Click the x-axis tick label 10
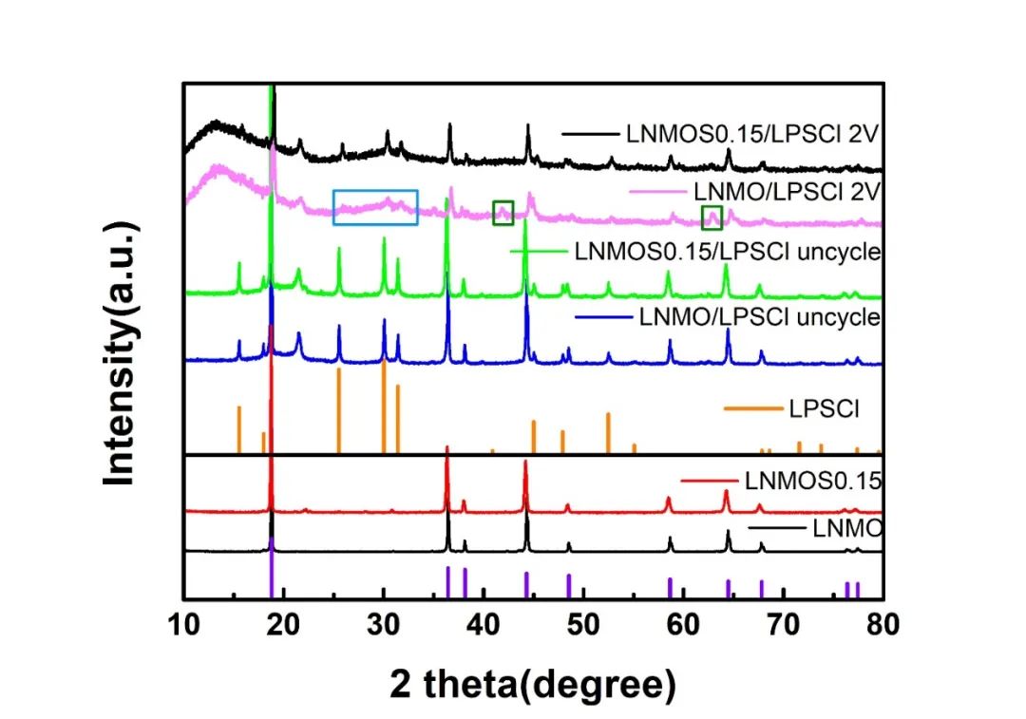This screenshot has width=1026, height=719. coord(184,624)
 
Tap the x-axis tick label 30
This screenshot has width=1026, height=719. coord(384,624)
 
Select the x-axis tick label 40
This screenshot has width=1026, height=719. coord(484,624)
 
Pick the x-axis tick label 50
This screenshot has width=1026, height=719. coord(583,624)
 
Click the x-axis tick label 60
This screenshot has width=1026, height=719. coord(683,624)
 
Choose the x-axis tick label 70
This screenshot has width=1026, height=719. coord(783,624)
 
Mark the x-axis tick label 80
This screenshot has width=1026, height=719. coord(883,624)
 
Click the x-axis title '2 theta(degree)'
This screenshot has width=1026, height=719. coord(532,682)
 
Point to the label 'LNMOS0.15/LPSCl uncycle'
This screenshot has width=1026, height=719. coord(728,253)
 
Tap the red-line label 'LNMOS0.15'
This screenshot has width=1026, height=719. coord(814,481)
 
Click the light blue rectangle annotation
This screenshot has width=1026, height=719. coord(375,207)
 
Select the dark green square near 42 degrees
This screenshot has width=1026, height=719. coord(503,213)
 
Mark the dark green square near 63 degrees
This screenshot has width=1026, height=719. coord(712,218)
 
